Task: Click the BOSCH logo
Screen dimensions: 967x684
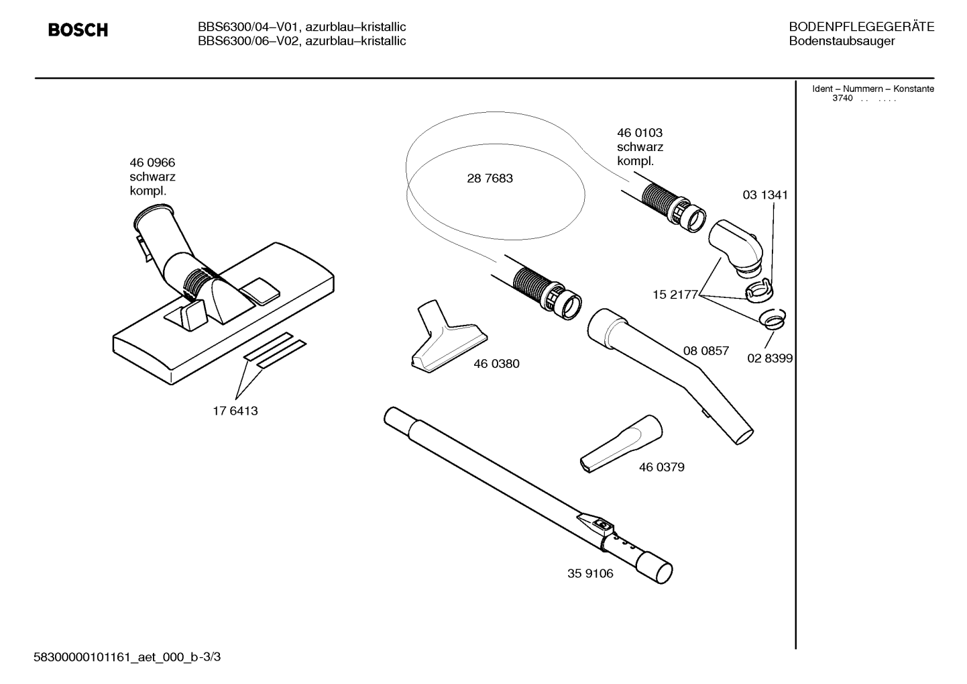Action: click(x=78, y=30)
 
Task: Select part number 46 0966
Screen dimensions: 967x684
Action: click(x=152, y=162)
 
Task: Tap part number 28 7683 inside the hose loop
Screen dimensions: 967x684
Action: click(x=490, y=178)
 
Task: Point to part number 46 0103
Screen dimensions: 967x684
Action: click(x=639, y=133)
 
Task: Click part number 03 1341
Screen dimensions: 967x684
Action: click(x=765, y=195)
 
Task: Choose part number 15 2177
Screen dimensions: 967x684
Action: click(x=675, y=295)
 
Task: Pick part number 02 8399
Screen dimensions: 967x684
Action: click(x=770, y=358)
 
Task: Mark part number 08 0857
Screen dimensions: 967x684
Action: click(x=706, y=350)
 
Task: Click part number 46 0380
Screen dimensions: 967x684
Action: click(x=496, y=364)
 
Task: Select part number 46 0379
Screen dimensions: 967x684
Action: click(x=662, y=467)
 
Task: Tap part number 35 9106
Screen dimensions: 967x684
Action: click(x=590, y=573)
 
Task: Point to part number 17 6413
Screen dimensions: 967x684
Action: click(x=235, y=411)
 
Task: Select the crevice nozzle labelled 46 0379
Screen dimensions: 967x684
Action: click(x=620, y=444)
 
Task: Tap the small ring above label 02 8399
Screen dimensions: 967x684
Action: click(x=773, y=320)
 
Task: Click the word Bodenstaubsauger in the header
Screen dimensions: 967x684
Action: click(x=842, y=41)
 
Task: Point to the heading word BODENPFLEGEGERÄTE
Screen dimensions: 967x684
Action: click(x=862, y=27)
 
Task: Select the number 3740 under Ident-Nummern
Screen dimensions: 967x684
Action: click(x=842, y=98)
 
